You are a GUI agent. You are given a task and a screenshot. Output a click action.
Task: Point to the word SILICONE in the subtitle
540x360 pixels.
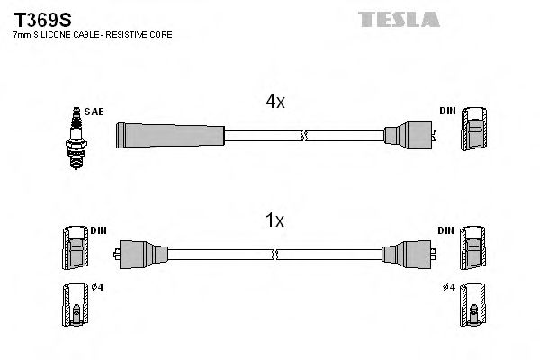click(56, 34)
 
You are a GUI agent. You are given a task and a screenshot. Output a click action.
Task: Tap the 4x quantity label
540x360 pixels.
click(274, 102)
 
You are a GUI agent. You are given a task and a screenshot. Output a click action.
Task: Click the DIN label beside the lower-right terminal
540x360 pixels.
click(445, 230)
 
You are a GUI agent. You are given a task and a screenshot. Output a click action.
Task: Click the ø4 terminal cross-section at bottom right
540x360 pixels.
click(472, 306)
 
